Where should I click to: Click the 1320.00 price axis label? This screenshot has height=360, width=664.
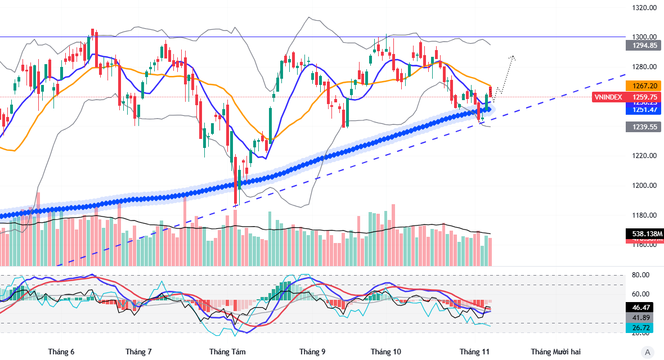644,8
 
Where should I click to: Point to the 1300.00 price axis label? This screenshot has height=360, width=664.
644,37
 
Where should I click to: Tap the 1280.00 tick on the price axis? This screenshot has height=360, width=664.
644,67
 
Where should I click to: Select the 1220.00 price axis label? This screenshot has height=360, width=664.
644,156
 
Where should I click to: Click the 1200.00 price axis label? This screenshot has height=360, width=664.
644,186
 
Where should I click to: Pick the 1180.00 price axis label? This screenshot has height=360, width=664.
644,215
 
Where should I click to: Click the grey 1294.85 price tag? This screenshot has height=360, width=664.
644,46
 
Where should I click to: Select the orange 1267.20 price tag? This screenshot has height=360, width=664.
644,86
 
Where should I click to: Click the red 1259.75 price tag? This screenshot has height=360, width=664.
644,97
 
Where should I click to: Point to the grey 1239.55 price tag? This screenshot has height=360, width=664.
644,127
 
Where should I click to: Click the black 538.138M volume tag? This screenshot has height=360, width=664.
644,233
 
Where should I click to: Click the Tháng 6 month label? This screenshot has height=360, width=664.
61,352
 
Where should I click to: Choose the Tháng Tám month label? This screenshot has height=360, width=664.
227,352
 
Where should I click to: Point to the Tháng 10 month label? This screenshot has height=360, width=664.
386,352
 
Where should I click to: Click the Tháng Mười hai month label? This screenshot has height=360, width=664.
555,352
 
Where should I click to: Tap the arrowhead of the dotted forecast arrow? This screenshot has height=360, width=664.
513,57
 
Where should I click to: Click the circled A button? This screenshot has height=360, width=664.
648,352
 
